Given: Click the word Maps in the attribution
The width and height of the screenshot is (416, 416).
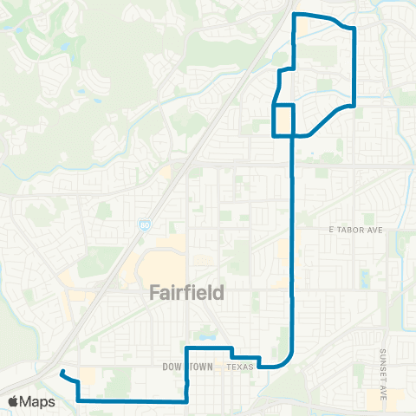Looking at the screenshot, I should (x=38, y=401).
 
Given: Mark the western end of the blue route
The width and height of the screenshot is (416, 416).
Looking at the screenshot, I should (x=62, y=373).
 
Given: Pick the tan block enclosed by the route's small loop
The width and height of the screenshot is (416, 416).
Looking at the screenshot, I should (x=284, y=120).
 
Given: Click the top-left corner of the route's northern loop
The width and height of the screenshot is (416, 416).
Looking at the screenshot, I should (x=296, y=15).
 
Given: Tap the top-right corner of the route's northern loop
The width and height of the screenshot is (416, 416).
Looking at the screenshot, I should (x=353, y=29).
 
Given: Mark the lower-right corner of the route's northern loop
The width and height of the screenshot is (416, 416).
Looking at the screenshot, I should (x=354, y=105).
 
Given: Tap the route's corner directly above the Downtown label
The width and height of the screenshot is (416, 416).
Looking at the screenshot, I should (x=187, y=348).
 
